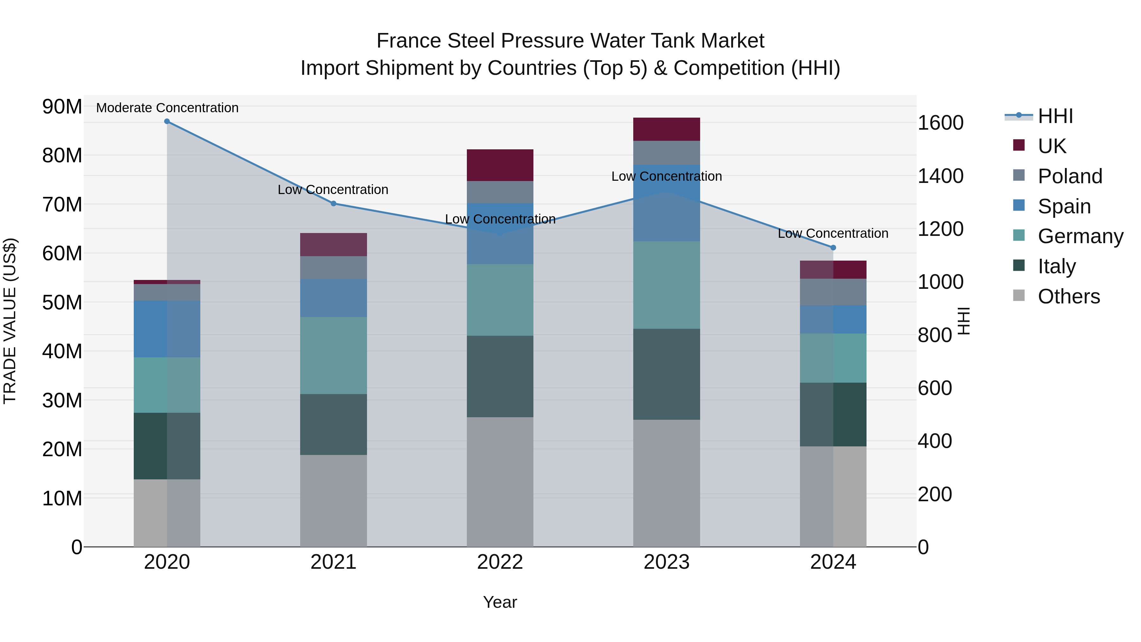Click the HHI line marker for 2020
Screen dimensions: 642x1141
click(x=167, y=121)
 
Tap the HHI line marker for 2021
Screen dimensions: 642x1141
click(x=333, y=203)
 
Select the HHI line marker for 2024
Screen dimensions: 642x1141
click(x=833, y=248)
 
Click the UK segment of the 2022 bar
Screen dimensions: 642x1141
click(x=500, y=165)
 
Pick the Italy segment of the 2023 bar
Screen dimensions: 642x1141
click(x=667, y=374)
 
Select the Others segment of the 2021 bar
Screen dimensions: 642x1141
click(x=333, y=501)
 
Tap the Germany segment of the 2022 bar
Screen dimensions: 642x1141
click(x=500, y=300)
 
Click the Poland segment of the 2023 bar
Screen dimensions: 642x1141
click(x=667, y=153)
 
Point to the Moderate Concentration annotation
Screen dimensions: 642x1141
click(x=167, y=108)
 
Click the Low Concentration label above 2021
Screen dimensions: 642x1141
click(x=333, y=190)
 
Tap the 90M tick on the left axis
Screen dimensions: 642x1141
click(x=62, y=107)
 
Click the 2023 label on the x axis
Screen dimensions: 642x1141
click(x=667, y=562)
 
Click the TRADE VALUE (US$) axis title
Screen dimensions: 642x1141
click(x=10, y=321)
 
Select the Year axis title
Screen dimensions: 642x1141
click(x=500, y=602)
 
